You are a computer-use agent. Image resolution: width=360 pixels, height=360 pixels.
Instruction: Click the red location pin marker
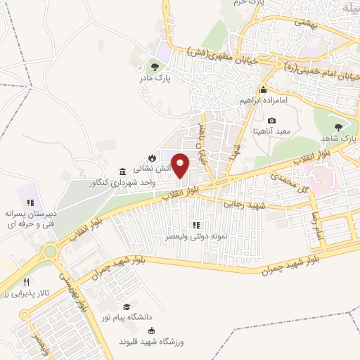181,165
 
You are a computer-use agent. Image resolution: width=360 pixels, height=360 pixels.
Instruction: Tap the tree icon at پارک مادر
154,67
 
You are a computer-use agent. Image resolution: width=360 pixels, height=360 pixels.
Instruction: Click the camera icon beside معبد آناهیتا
272,120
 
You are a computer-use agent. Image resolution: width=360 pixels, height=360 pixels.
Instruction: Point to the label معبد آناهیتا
271,131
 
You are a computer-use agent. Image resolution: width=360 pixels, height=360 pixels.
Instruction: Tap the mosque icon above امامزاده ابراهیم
263,89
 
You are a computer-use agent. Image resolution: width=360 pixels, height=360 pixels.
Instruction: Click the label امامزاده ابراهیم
264,101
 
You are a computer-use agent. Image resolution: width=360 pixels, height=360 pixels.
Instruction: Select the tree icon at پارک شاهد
338,127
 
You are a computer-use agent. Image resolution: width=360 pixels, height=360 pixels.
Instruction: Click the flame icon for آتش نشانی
151,156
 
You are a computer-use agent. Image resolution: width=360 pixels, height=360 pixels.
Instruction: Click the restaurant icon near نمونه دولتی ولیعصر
196,226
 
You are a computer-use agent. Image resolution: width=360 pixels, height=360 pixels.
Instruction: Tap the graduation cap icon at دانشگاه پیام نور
127,307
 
